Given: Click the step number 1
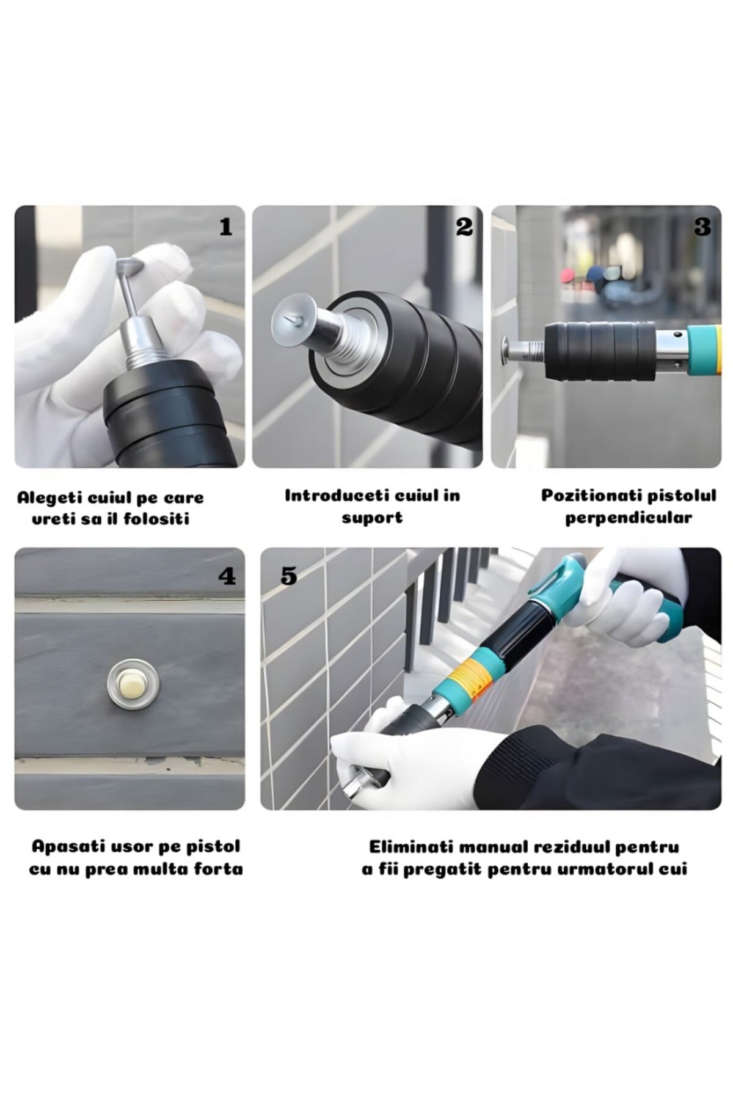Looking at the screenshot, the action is pos(226,228).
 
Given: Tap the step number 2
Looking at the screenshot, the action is pos(464,228).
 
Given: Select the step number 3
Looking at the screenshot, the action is pos(702,228).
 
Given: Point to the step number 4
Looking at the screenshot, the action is pos(227,576).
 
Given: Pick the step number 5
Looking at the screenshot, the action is pos(288,576).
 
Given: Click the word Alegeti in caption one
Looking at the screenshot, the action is pos(49,498).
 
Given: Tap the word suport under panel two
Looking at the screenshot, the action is pos(372,518).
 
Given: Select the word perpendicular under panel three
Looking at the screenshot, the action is pos(629,518).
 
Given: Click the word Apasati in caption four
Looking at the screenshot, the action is pos(66,847).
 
